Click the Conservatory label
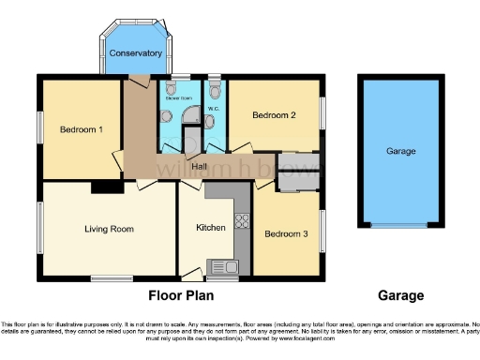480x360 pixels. [x=136, y=53]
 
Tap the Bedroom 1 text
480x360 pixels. [x=82, y=129]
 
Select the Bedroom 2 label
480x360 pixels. [x=275, y=115]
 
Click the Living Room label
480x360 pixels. [x=109, y=229]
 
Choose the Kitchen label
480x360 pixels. [x=211, y=228]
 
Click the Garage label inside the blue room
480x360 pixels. [x=401, y=151]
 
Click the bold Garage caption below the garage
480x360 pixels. [x=400, y=295]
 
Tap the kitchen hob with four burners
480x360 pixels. [x=241, y=222]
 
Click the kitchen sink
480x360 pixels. [x=226, y=266]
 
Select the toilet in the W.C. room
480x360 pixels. [x=217, y=90]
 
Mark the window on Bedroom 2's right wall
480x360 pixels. [x=324, y=112]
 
